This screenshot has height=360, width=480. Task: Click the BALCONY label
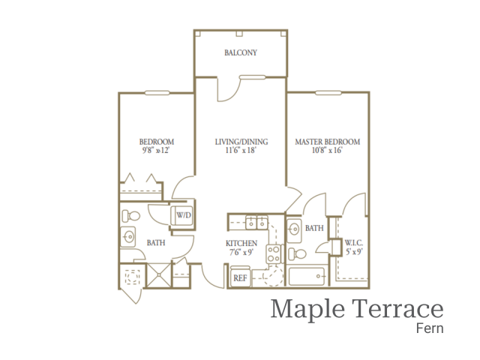pyautogui.click(x=241, y=52)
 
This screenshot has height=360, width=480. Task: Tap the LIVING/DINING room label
pyautogui.click(x=241, y=141)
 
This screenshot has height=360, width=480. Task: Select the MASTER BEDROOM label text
pyautogui.click(x=327, y=141)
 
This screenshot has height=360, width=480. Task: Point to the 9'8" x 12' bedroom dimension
pyautogui.click(x=157, y=150)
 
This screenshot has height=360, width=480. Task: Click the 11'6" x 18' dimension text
pyautogui.click(x=241, y=150)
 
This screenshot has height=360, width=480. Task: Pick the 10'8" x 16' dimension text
pyautogui.click(x=327, y=150)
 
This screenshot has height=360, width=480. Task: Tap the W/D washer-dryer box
pyautogui.click(x=182, y=216)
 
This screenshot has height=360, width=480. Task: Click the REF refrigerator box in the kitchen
pyautogui.click(x=240, y=277)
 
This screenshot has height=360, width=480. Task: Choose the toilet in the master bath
pyautogui.click(x=295, y=252)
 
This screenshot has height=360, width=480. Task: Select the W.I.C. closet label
pyautogui.click(x=353, y=242)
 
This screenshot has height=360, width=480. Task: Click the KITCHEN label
pyautogui.click(x=241, y=244)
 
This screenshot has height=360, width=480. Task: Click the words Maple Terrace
pyautogui.click(x=357, y=308)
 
